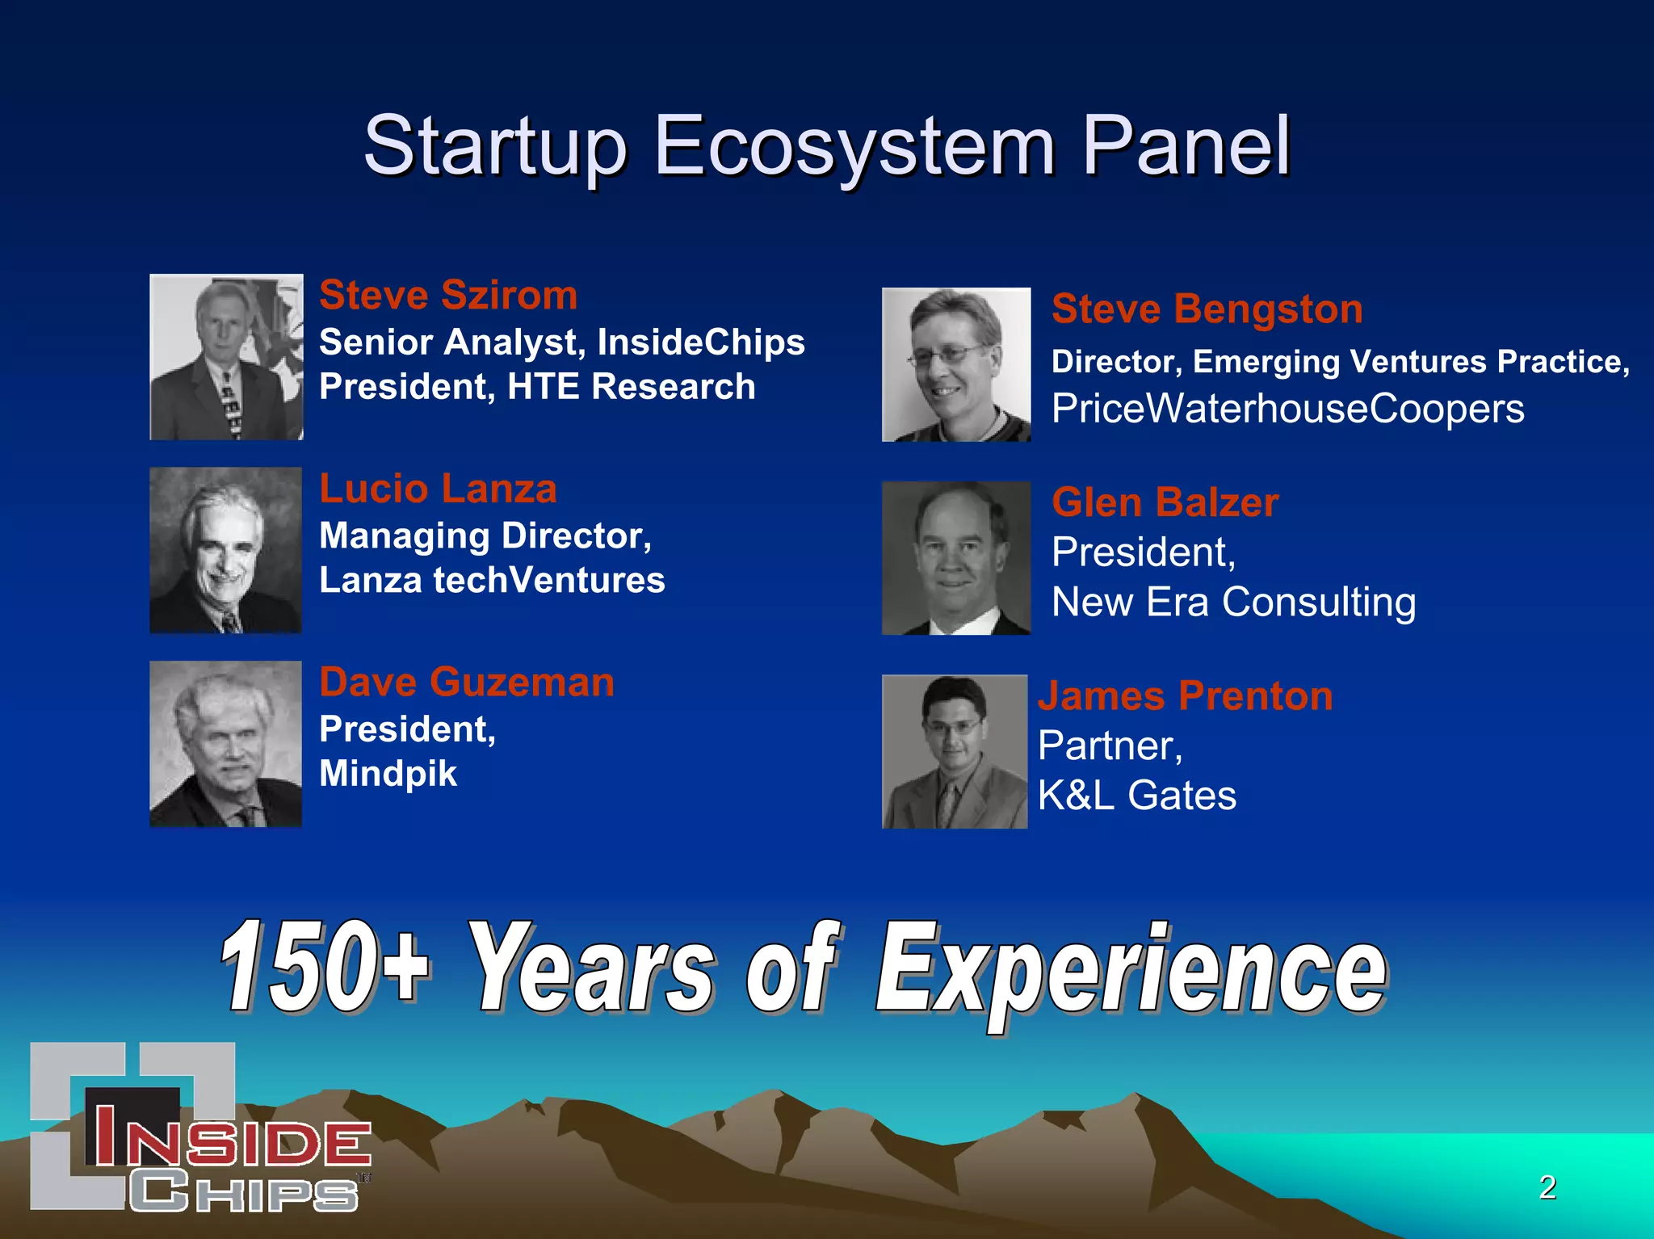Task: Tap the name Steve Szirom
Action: (x=448, y=295)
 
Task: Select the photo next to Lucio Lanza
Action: (x=225, y=550)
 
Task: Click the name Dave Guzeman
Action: (x=467, y=682)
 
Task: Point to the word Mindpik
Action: (x=388, y=774)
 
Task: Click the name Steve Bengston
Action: (x=1207, y=309)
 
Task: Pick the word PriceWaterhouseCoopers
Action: (x=1287, y=409)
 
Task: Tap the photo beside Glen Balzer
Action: (x=956, y=558)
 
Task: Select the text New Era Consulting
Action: (x=1233, y=603)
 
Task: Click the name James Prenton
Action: (x=1185, y=696)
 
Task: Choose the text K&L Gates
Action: (x=1136, y=796)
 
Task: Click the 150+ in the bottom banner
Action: (x=323, y=968)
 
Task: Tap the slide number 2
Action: (x=1547, y=1187)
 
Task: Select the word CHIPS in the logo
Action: (x=242, y=1191)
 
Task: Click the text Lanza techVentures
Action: (x=492, y=581)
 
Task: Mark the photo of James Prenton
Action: (x=955, y=751)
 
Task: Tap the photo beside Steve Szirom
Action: (x=226, y=357)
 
